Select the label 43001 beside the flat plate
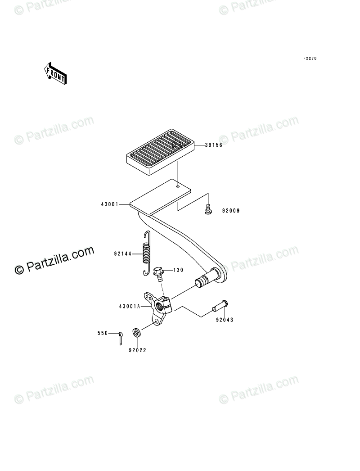coord(109,204)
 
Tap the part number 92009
coord(231,210)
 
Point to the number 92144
coord(122,254)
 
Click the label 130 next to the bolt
coord(178,270)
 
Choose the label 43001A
coord(129,306)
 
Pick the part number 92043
coord(224,320)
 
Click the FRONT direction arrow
coord(55,72)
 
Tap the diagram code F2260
coord(310,59)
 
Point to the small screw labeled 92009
coord(209,209)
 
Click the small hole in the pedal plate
coord(179,186)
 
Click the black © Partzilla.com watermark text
coord(54,261)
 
